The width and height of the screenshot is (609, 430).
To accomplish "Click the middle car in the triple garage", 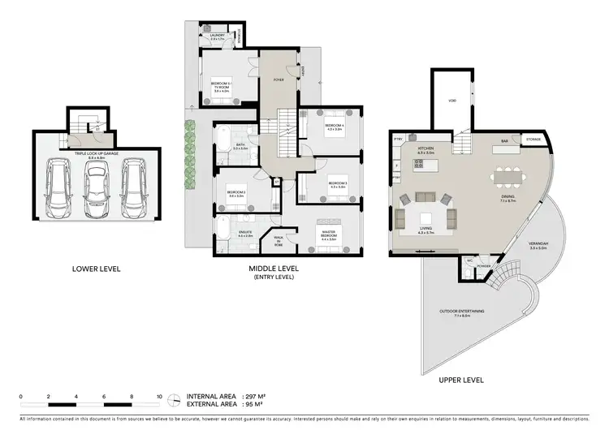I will (x=97, y=185).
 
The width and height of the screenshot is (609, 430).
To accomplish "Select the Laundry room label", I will (x=217, y=37).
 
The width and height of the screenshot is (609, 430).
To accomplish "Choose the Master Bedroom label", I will (x=329, y=233).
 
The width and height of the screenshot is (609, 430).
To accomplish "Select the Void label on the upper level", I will (x=451, y=101).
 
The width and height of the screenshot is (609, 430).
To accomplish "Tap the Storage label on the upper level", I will (x=533, y=139).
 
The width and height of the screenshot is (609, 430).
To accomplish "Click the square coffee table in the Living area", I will (x=425, y=217).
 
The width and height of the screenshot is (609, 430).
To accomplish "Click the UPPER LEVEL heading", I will (x=460, y=379).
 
